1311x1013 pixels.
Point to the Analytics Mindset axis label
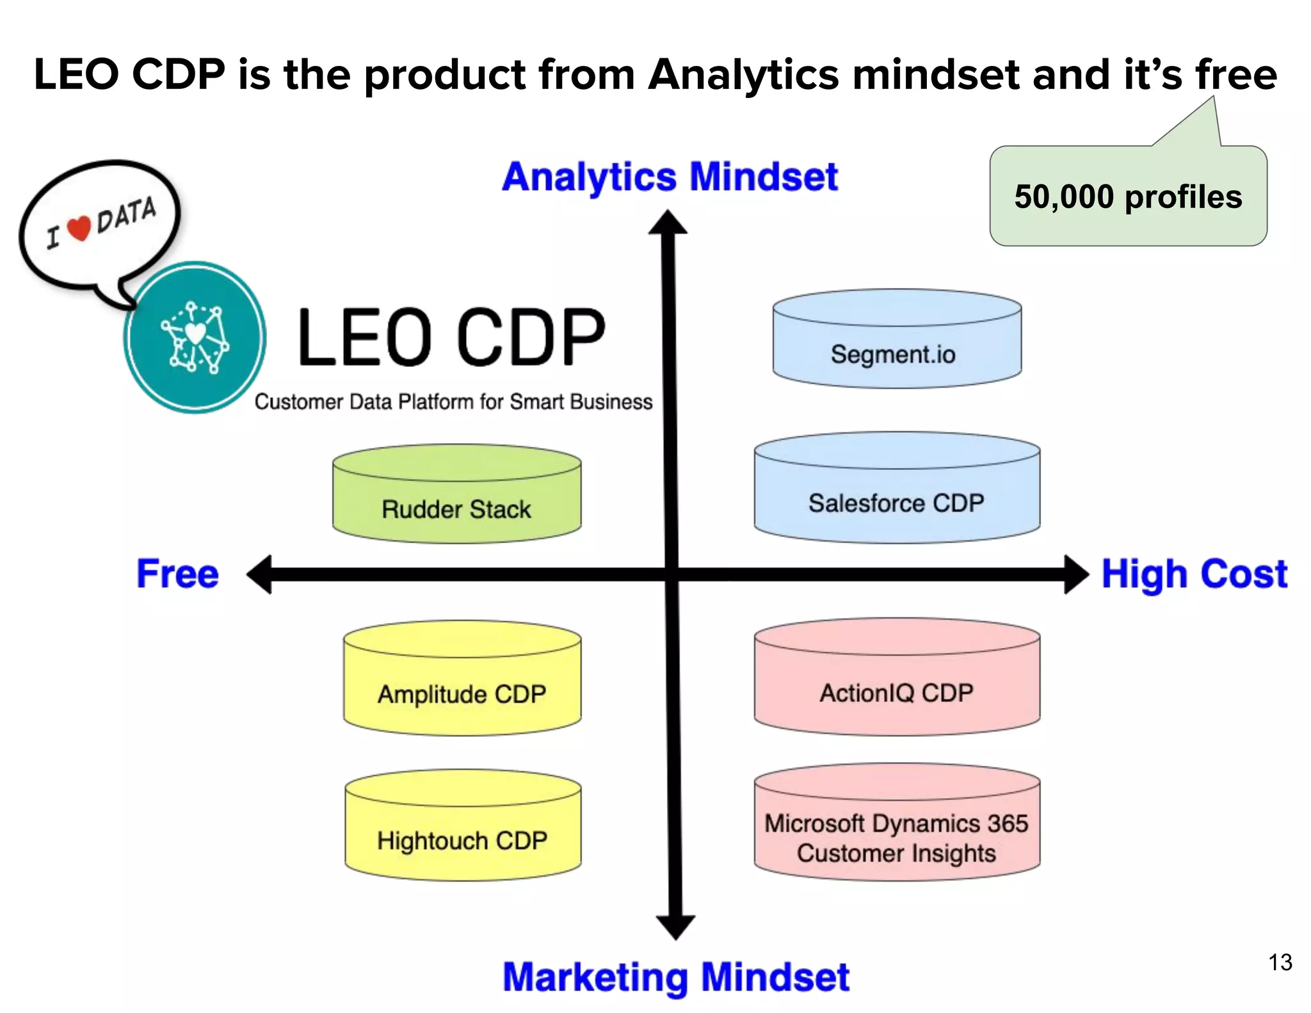[x=670, y=177]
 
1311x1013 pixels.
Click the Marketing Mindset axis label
[x=676, y=977]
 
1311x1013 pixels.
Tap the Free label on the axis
[x=177, y=574]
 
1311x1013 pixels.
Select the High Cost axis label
[x=1194, y=574]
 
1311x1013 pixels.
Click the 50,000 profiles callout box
[x=1128, y=197]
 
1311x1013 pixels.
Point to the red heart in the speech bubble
[x=79, y=229]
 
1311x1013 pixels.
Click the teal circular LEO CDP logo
[x=195, y=337]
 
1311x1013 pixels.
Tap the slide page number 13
[x=1280, y=962]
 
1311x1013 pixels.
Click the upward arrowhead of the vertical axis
[x=668, y=223]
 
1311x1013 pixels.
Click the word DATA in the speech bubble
[x=126, y=215]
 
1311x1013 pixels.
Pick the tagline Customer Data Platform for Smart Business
[x=453, y=401]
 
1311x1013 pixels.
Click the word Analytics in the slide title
[x=743, y=74]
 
